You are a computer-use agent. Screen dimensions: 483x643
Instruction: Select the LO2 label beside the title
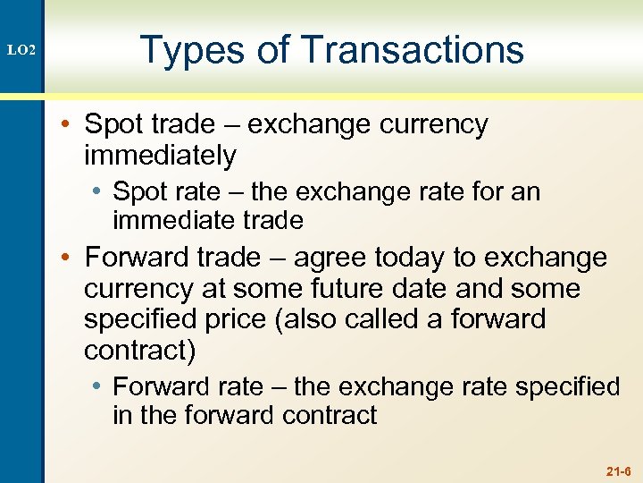pyautogui.click(x=21, y=51)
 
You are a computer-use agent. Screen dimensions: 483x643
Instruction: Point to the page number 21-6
pyautogui.click(x=618, y=470)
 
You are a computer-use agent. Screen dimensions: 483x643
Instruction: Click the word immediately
pyautogui.click(x=160, y=156)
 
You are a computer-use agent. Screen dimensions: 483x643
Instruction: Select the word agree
pyautogui.click(x=330, y=258)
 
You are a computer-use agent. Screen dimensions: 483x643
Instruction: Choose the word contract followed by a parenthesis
pyautogui.click(x=139, y=350)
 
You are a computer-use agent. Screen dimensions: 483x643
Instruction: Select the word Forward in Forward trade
pyautogui.click(x=134, y=258)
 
